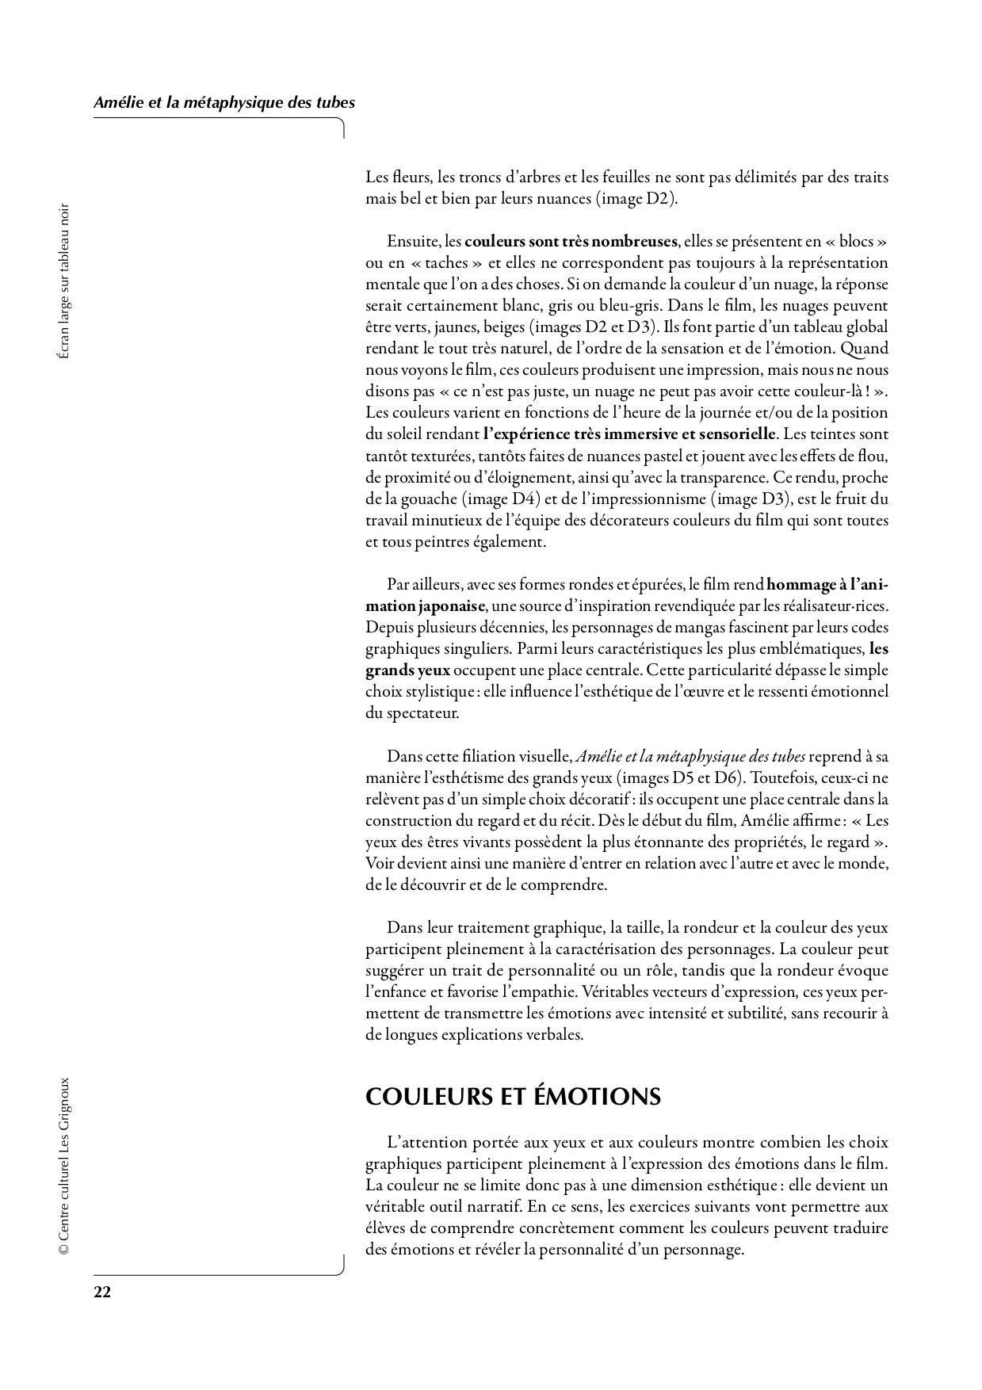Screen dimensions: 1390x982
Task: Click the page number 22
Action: coord(102,1292)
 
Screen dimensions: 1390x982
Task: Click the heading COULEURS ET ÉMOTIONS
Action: coord(513,1096)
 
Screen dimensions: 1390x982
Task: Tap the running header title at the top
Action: coord(224,102)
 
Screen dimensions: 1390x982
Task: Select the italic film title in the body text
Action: coord(690,754)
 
